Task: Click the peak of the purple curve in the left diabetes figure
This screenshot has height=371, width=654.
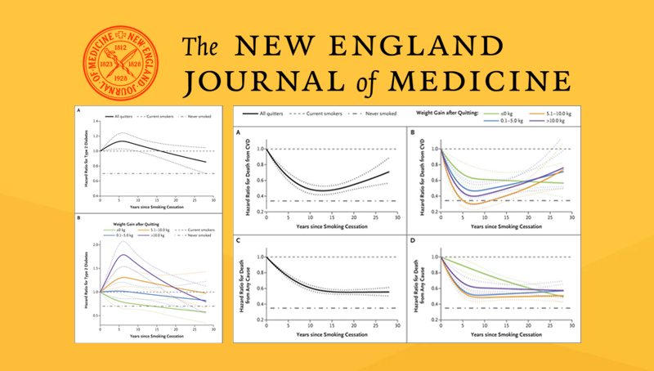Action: pyautogui.click(x=122, y=255)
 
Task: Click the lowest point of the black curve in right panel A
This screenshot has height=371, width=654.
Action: pyautogui.click(x=324, y=190)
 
